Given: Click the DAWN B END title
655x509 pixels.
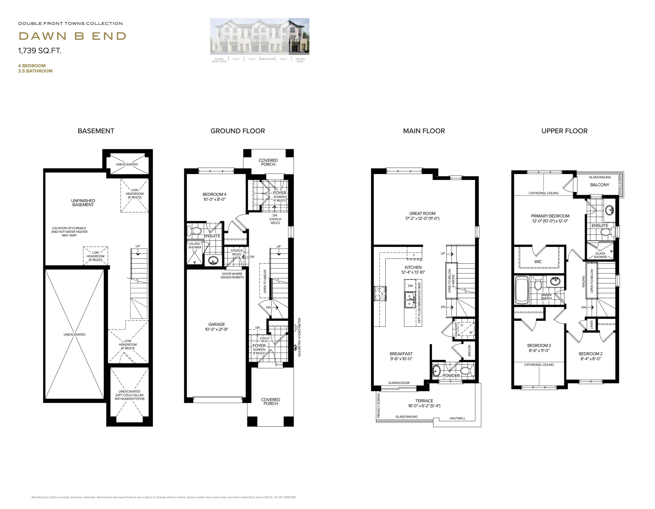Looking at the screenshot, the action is point(72,36).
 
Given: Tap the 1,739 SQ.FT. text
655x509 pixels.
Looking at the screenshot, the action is point(40,51).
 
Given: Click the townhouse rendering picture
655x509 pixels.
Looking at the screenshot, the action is point(259,36).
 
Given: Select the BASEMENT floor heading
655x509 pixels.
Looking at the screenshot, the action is point(96,131).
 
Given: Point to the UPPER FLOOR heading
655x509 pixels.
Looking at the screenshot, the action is point(564,131).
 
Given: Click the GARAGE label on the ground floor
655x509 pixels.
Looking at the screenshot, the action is point(216,324).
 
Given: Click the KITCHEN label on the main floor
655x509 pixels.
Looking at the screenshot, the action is point(413,267).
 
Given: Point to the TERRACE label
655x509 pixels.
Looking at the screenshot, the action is point(424,401).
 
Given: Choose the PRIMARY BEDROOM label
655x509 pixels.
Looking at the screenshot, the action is point(550,216).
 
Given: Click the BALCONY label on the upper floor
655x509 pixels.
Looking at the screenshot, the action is point(599,185).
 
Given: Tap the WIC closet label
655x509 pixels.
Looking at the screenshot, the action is point(538,262).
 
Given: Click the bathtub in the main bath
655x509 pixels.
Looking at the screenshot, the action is point(522,290).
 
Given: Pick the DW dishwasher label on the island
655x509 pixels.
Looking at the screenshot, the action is point(410,286).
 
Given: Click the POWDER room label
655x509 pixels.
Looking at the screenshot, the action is point(451,376).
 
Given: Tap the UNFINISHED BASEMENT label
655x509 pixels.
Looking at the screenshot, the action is point(83,203).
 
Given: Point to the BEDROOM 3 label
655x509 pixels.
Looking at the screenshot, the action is point(539,345).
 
